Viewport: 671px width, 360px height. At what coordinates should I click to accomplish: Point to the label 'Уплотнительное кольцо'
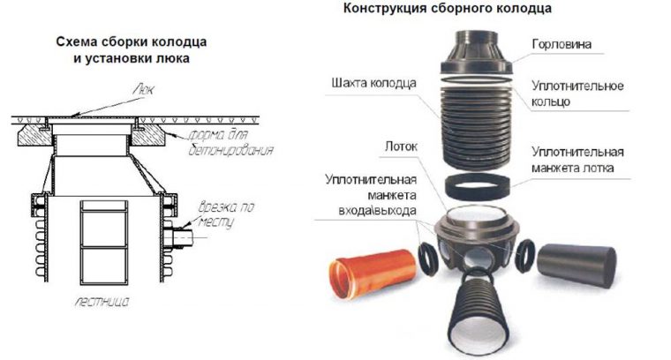coord(577,94)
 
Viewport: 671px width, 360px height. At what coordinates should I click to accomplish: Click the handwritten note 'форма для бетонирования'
coord(231,143)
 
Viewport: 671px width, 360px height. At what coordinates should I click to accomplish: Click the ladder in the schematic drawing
coord(102,238)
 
